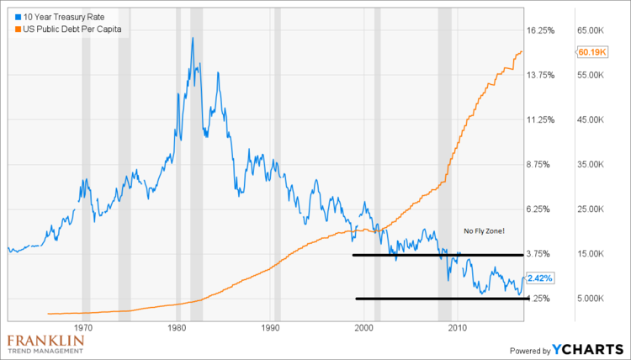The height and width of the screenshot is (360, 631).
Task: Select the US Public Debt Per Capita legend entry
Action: click(70, 30)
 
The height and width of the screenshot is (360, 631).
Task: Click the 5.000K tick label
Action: click(591, 298)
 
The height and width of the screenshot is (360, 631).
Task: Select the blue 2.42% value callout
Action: click(539, 277)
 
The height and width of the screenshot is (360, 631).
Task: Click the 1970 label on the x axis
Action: click(82, 327)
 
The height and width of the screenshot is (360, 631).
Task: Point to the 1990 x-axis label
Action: click(270, 327)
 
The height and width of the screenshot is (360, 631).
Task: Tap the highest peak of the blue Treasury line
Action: click(193, 39)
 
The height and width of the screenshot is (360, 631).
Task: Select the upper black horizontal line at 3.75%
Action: click(437, 254)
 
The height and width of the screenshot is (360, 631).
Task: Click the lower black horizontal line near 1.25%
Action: click(437, 299)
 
